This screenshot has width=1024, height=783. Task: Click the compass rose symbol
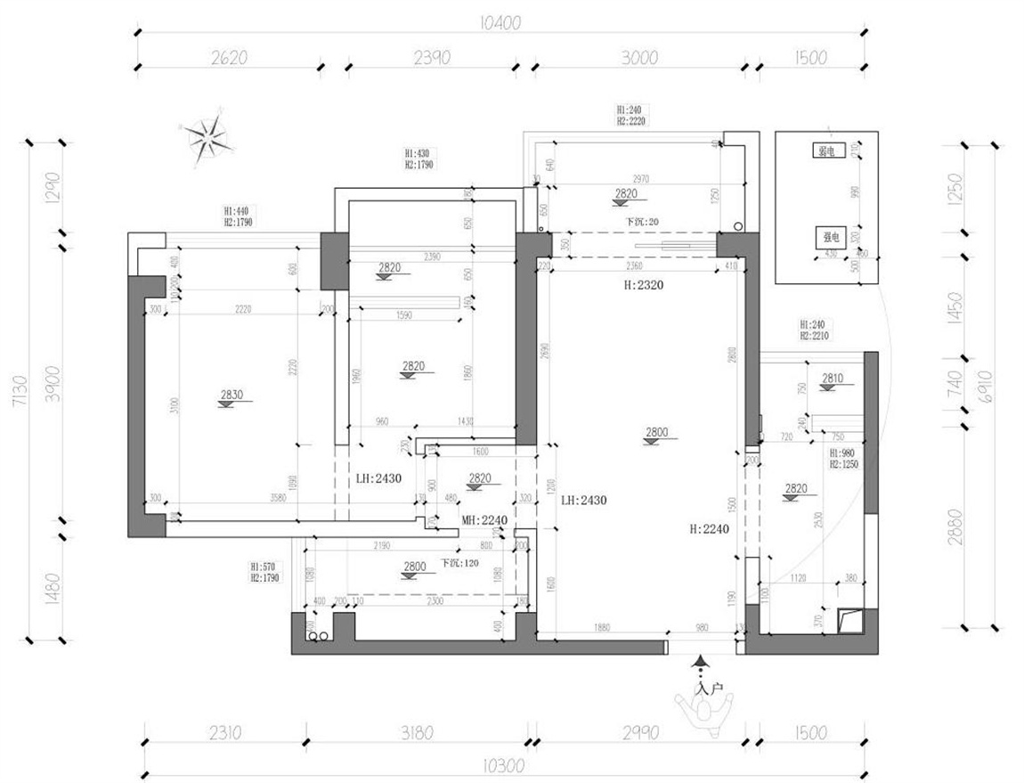pyautogui.click(x=210, y=138)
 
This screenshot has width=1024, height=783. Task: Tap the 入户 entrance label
pyautogui.click(x=709, y=689)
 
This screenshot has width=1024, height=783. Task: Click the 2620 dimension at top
pyautogui.click(x=229, y=58)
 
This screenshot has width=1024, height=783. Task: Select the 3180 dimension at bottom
pyautogui.click(x=418, y=733)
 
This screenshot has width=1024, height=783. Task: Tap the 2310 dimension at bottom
pyautogui.click(x=224, y=733)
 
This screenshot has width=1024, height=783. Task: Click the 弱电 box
pyautogui.click(x=825, y=151)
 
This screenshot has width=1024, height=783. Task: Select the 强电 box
pyautogui.click(x=830, y=238)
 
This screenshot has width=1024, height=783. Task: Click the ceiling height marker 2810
pyautogui.click(x=832, y=379)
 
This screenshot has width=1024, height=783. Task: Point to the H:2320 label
pyautogui.click(x=645, y=285)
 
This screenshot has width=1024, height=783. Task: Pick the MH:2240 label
pyautogui.click(x=484, y=519)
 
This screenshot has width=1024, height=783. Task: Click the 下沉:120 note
pyautogui.click(x=459, y=564)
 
